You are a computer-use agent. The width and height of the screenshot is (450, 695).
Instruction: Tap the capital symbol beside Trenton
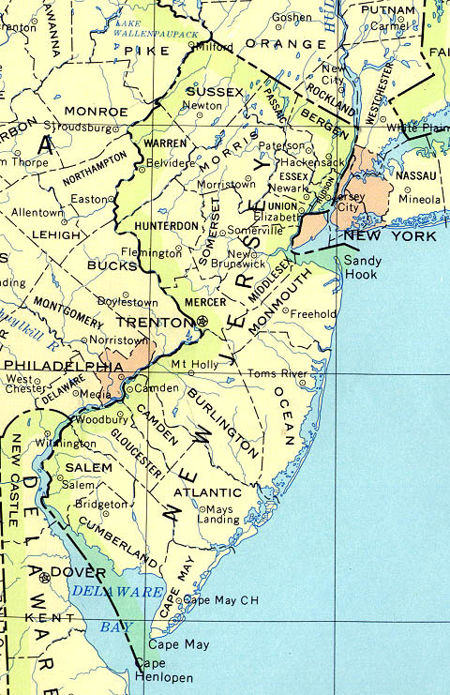pyautogui.click(x=203, y=322)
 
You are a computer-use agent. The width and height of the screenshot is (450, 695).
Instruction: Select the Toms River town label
pyautogui.click(x=277, y=373)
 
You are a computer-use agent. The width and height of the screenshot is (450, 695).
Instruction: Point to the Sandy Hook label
pyautogui.click(x=360, y=267)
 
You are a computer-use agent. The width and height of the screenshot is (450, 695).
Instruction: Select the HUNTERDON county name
pyautogui.click(x=166, y=226)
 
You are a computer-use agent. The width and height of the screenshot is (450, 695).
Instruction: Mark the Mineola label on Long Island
pyautogui.click(x=419, y=200)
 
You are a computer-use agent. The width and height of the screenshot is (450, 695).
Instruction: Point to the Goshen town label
pyautogui.click(x=292, y=18)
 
